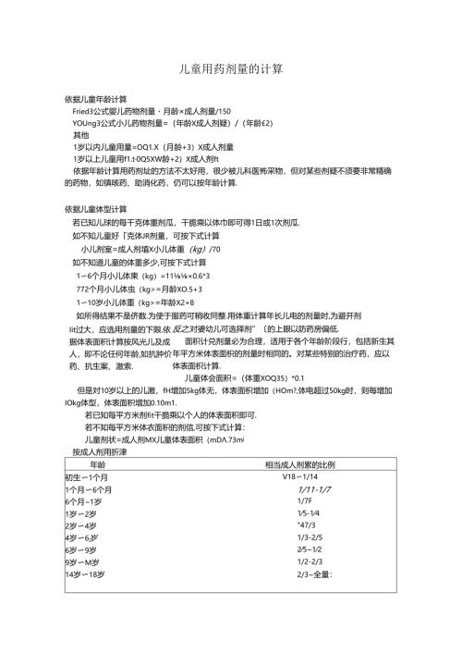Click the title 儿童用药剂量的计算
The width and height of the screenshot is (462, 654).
tap(230, 69)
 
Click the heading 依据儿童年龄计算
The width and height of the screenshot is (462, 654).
tap(96, 98)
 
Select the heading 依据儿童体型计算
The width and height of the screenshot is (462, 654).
tap(96, 209)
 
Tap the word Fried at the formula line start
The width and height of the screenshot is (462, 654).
tap(82, 110)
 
